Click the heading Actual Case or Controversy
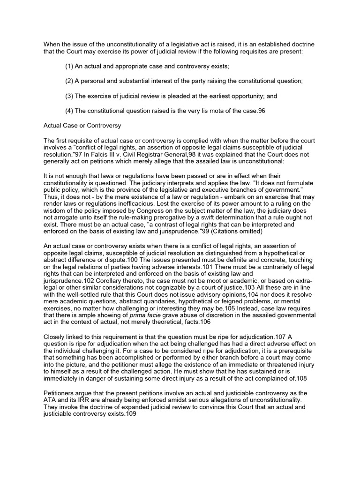(x=82, y=126)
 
